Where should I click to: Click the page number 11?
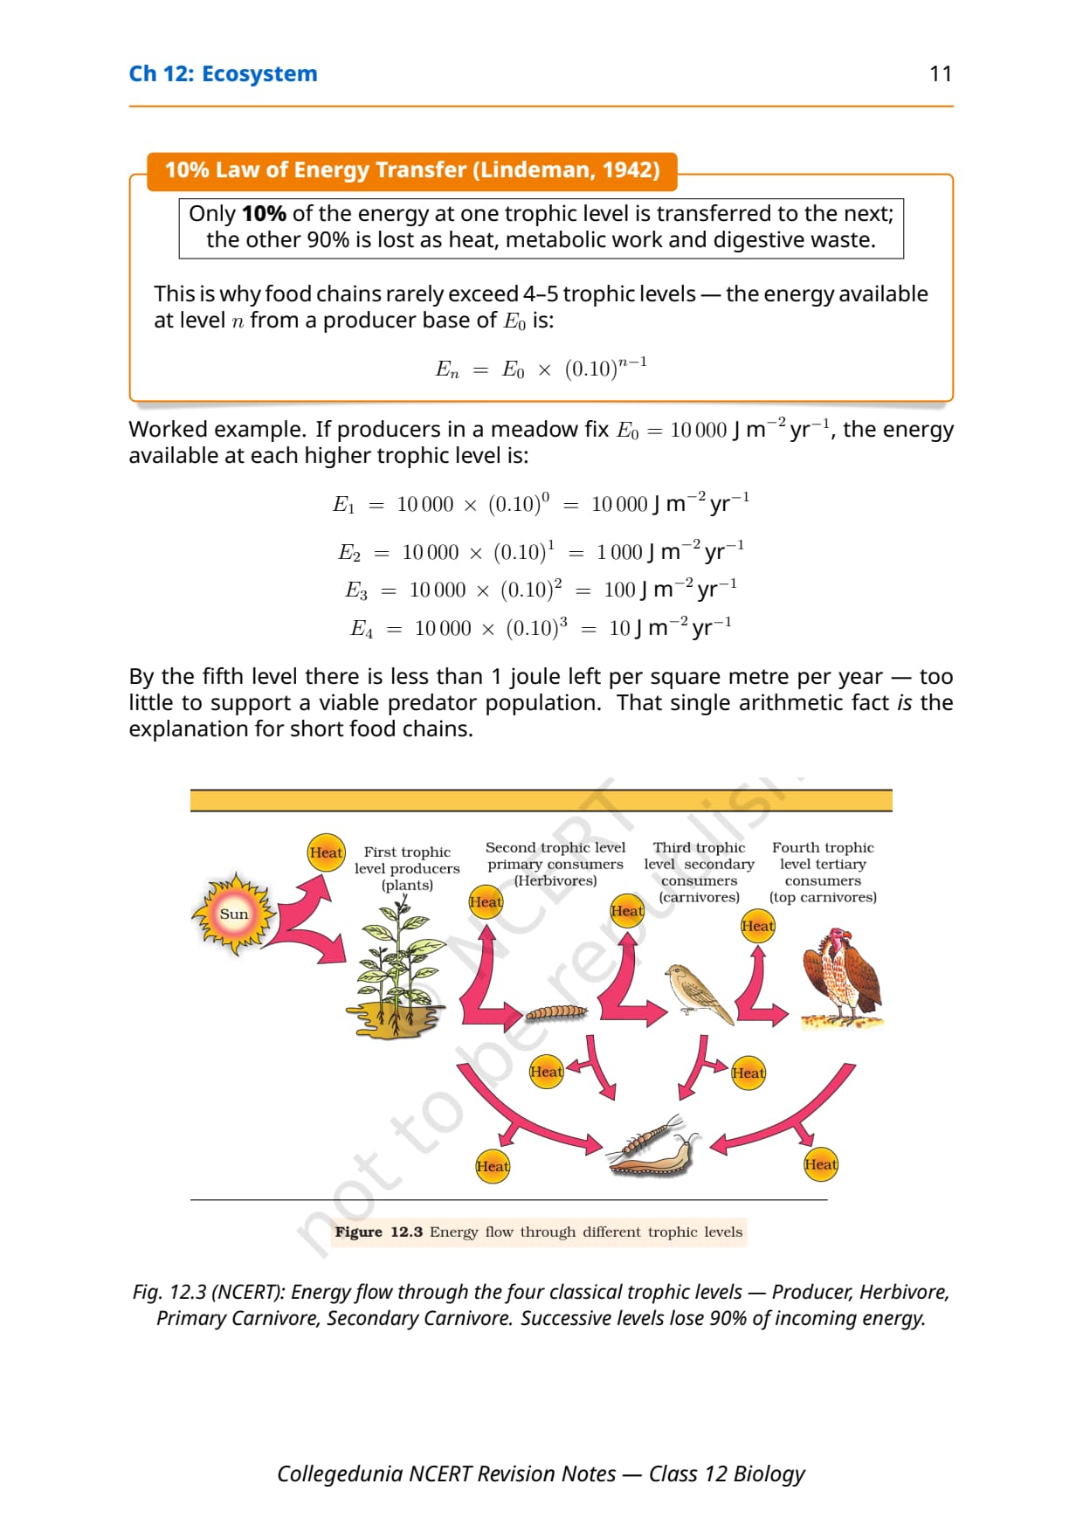941,73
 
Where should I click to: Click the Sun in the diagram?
233,914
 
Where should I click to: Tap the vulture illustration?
842,976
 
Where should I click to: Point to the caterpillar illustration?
556,1012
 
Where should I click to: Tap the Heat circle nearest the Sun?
326,852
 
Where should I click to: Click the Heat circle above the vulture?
757,926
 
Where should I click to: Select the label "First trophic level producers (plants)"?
407,868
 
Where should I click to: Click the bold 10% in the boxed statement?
264,214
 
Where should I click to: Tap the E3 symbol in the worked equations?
356,591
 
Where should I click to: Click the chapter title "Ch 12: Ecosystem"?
223,74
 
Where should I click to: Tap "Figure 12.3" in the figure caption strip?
379,1232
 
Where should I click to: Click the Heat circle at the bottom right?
820,1164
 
